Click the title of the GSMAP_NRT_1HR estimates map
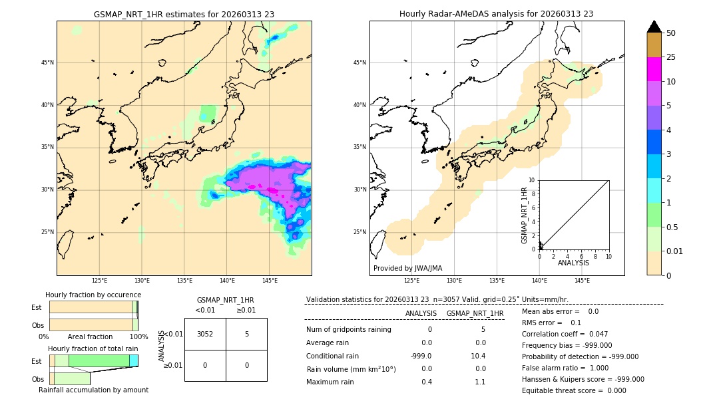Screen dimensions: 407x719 click(184, 14)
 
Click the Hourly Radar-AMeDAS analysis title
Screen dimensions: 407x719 click(497, 14)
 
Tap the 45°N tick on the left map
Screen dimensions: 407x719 click(47, 63)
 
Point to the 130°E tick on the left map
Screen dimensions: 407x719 click(142, 281)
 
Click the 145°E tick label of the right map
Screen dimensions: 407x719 click(582, 281)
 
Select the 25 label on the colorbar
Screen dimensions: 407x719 click(671, 57)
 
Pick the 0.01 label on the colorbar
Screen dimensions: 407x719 click(674, 251)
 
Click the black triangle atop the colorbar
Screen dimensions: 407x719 click(654, 27)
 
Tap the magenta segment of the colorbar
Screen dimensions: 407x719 click(654, 69)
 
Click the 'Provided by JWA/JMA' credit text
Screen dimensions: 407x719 click(407, 268)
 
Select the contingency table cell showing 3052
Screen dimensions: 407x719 click(205, 334)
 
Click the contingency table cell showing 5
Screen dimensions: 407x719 click(246, 334)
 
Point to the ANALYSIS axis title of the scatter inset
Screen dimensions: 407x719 click(573, 263)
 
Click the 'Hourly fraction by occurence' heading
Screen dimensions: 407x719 click(93, 295)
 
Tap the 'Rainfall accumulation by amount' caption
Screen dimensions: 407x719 click(93, 390)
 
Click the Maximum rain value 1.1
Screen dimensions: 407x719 click(479, 382)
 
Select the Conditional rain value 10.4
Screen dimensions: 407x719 click(478, 356)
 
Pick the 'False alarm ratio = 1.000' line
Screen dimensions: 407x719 click(565, 368)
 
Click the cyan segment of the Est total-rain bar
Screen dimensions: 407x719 click(134, 360)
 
